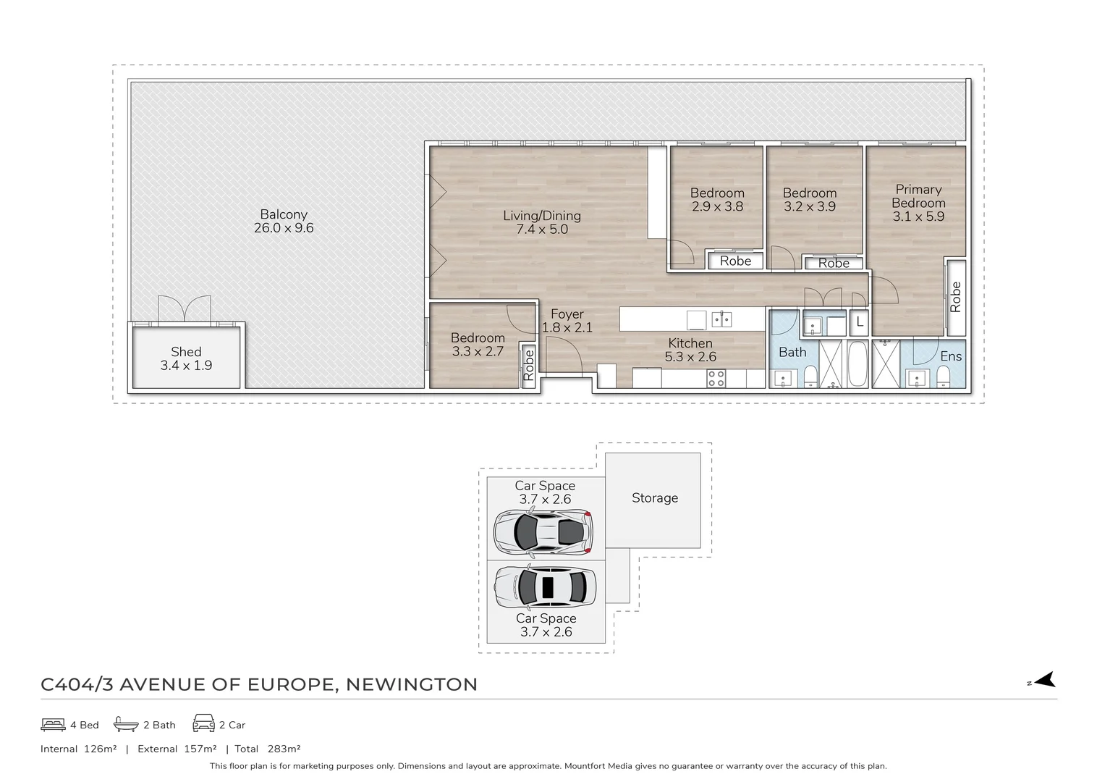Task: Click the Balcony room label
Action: coord(284,214)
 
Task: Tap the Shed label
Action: coord(186,352)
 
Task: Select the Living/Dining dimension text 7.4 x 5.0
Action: coord(542,230)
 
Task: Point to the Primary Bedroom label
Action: coord(918,196)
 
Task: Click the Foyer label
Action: coord(567,314)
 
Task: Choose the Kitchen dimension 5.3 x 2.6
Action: coord(690,357)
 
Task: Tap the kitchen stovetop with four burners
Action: coord(716,378)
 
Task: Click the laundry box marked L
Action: coord(859,321)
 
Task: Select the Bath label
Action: coord(792,353)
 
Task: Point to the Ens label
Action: coord(951,356)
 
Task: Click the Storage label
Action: coord(655,498)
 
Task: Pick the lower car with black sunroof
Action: coord(546,586)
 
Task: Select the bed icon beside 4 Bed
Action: coord(54,724)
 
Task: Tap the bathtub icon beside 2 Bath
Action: coord(126,724)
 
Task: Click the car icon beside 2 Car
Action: coord(203,723)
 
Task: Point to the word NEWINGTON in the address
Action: coord(411,685)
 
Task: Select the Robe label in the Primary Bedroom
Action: coord(955,297)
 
